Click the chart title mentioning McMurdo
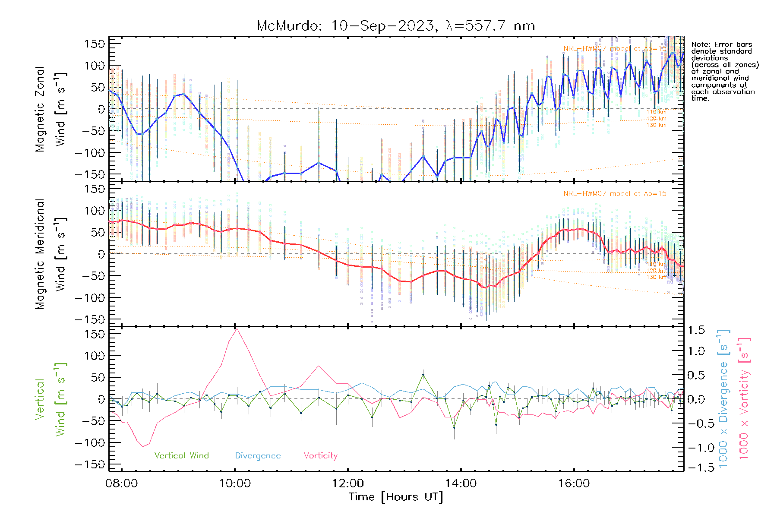(x=395, y=26)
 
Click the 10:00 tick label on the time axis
(x=235, y=483)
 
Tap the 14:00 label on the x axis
(x=461, y=483)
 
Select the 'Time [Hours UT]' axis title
(x=396, y=497)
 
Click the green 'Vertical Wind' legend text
(x=181, y=456)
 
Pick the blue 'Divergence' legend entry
(x=258, y=456)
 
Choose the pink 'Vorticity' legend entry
(x=320, y=456)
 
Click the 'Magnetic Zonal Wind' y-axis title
(x=51, y=109)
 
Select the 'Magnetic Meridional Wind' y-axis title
(x=51, y=254)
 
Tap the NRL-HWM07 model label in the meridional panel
(x=615, y=194)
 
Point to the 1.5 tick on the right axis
(x=696, y=330)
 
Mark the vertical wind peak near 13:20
(x=423, y=375)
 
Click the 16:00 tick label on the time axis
(x=574, y=483)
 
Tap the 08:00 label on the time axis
(x=122, y=483)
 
